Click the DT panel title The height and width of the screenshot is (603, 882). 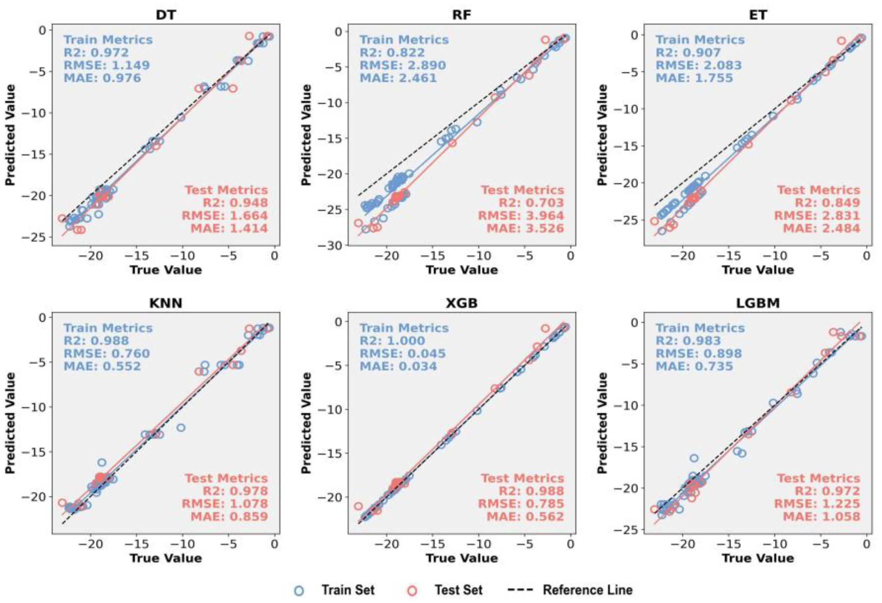tap(166, 15)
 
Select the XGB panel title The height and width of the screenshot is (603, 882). tap(461, 303)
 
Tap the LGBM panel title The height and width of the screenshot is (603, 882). tap(758, 303)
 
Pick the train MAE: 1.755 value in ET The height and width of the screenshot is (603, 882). tap(694, 78)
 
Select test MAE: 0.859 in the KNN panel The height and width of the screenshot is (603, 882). tap(229, 516)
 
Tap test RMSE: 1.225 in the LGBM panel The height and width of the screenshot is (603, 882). tap(817, 503)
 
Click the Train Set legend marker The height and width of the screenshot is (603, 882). tap(299, 590)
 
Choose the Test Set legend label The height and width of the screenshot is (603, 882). tap(458, 590)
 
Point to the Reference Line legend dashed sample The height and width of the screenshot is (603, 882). tap(520, 590)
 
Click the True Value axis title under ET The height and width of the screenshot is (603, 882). tap(757, 270)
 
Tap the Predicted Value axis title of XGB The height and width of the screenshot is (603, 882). tap(306, 423)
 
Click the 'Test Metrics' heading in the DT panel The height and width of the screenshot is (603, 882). tap(226, 190)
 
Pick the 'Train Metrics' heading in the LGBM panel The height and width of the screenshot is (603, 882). tap(700, 328)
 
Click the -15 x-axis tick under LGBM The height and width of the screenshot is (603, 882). tap(729, 544)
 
